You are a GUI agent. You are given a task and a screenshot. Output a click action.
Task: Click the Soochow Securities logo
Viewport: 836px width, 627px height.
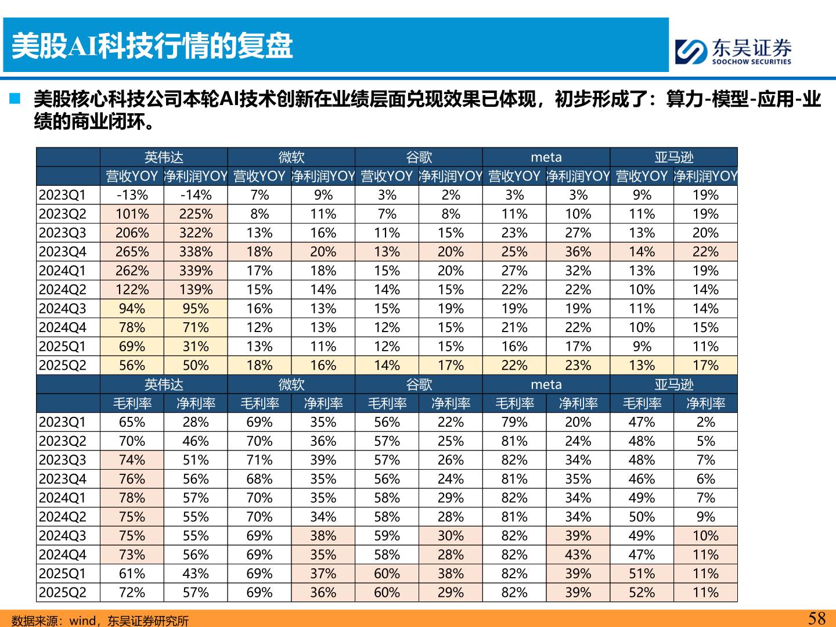[x=733, y=51]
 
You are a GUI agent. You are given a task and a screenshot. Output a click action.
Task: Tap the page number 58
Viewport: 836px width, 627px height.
[x=817, y=618]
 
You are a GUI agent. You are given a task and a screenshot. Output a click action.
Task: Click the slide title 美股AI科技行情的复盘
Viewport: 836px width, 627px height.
[x=153, y=46]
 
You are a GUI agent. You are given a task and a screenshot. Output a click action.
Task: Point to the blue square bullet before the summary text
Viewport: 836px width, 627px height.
[x=15, y=99]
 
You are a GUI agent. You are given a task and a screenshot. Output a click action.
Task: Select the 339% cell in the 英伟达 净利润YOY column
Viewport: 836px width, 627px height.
[x=196, y=271]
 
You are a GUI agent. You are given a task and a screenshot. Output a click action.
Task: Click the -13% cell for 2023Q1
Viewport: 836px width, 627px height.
[x=132, y=195]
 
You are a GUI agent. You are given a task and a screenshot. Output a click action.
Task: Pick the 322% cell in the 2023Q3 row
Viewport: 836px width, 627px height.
[x=196, y=233]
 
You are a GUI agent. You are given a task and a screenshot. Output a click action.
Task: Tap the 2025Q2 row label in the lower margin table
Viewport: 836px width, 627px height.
[x=63, y=593]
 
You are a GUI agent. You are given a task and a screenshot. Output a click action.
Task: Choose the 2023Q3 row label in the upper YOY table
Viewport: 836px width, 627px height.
[x=63, y=233]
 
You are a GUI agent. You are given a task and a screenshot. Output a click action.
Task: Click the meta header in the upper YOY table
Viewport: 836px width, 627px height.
[x=546, y=157]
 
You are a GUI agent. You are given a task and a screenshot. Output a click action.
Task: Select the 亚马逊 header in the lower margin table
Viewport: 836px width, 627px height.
[x=674, y=384]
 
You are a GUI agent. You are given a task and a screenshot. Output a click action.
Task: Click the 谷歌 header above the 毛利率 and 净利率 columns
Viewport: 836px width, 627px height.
[x=419, y=384]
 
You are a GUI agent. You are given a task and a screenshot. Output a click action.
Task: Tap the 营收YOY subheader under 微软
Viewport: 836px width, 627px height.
[x=260, y=176]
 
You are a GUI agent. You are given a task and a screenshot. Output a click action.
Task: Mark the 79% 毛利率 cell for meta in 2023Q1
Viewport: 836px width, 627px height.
[x=514, y=422]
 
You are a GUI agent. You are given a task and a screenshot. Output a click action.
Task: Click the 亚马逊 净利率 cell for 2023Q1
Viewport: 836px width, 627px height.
[x=705, y=422]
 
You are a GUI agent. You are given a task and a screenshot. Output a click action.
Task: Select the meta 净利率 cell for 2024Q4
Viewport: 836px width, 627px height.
[x=578, y=554]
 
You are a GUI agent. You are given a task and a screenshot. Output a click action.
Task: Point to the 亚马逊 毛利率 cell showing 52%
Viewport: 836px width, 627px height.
[x=642, y=593]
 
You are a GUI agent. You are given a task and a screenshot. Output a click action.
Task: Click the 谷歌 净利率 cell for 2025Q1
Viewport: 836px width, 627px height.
[x=451, y=574]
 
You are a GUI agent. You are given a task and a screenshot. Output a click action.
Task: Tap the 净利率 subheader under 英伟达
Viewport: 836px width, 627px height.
[x=196, y=403]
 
